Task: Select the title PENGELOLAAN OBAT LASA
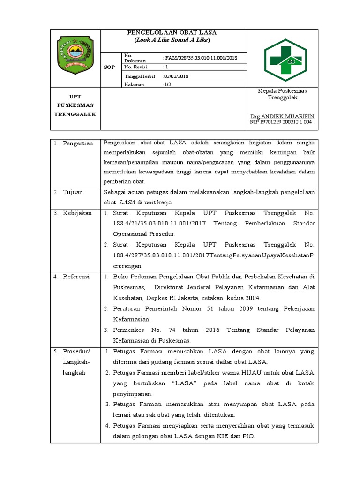click(172, 33)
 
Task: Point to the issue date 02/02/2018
click(176, 76)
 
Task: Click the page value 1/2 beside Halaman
click(167, 85)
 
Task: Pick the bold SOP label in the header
click(109, 67)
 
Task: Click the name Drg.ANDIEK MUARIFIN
click(282, 116)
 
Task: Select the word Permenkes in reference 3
click(128, 330)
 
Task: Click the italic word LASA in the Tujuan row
click(127, 202)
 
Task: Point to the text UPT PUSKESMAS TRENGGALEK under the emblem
click(75, 105)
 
